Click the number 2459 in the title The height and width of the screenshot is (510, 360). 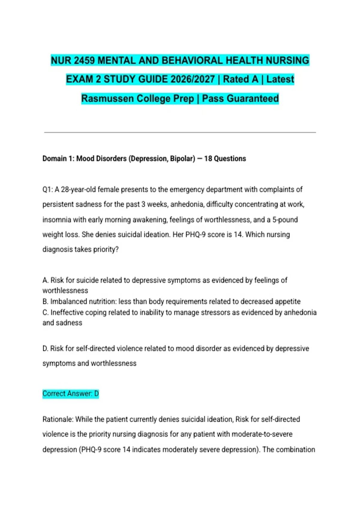84,61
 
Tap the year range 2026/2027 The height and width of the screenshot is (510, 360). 193,79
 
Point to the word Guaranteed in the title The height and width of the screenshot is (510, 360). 253,99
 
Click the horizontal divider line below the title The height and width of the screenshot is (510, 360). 180,132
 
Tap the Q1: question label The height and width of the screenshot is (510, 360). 47,190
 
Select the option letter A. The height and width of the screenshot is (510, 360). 45,280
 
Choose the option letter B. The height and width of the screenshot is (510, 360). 45,301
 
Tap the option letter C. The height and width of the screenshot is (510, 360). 45,313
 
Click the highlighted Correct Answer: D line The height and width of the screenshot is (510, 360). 70,394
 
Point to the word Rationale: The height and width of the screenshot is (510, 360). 58,419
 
